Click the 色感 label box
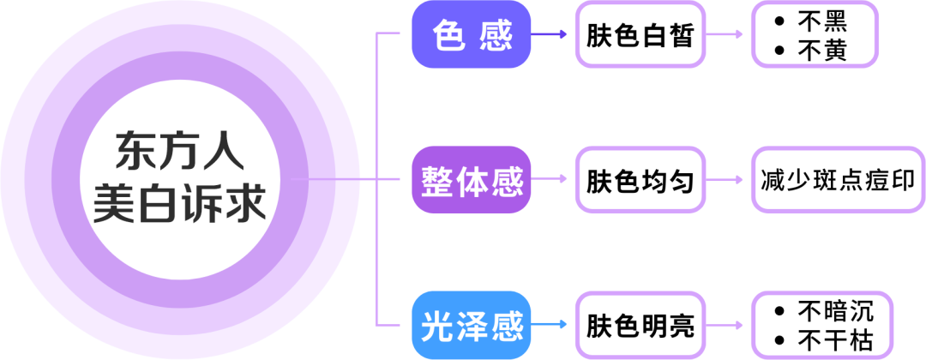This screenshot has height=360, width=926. coord(472,35)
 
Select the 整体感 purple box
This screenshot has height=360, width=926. coord(472,180)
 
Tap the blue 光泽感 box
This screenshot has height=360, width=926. coord(472,325)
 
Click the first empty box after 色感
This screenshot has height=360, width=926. coord(640,35)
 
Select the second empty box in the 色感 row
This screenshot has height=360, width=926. coord(815,35)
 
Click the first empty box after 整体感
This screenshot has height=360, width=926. coord(640,180)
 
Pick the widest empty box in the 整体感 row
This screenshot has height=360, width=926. coord(837,180)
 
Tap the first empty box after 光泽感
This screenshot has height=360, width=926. coord(640,325)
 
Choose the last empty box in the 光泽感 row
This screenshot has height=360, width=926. coord(821,325)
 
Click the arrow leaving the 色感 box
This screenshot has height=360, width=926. coord(550,35)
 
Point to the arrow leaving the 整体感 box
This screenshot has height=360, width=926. coord(550,180)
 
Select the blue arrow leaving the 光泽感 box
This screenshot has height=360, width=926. coord(550,325)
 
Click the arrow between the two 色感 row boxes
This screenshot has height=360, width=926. coord(727,35)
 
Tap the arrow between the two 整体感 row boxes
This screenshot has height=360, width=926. coord(727,180)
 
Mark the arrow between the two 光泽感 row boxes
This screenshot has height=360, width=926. coord(727,325)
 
